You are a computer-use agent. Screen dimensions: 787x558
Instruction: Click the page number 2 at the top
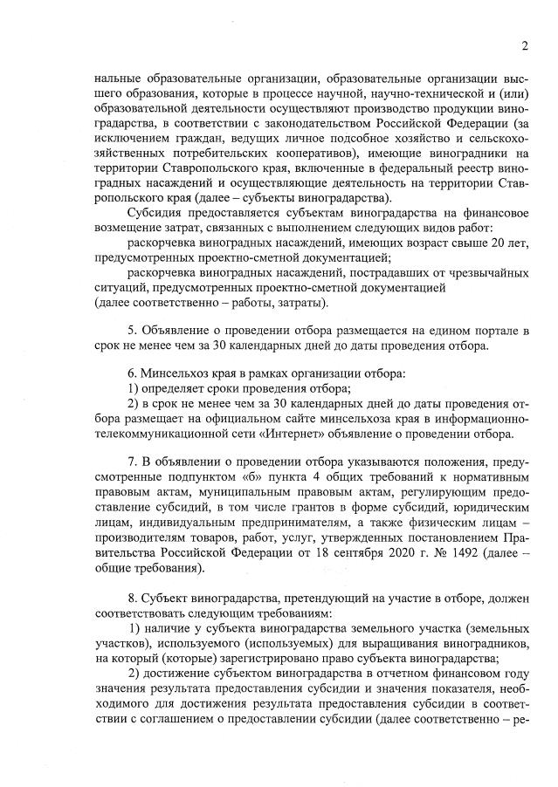coord(525,45)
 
